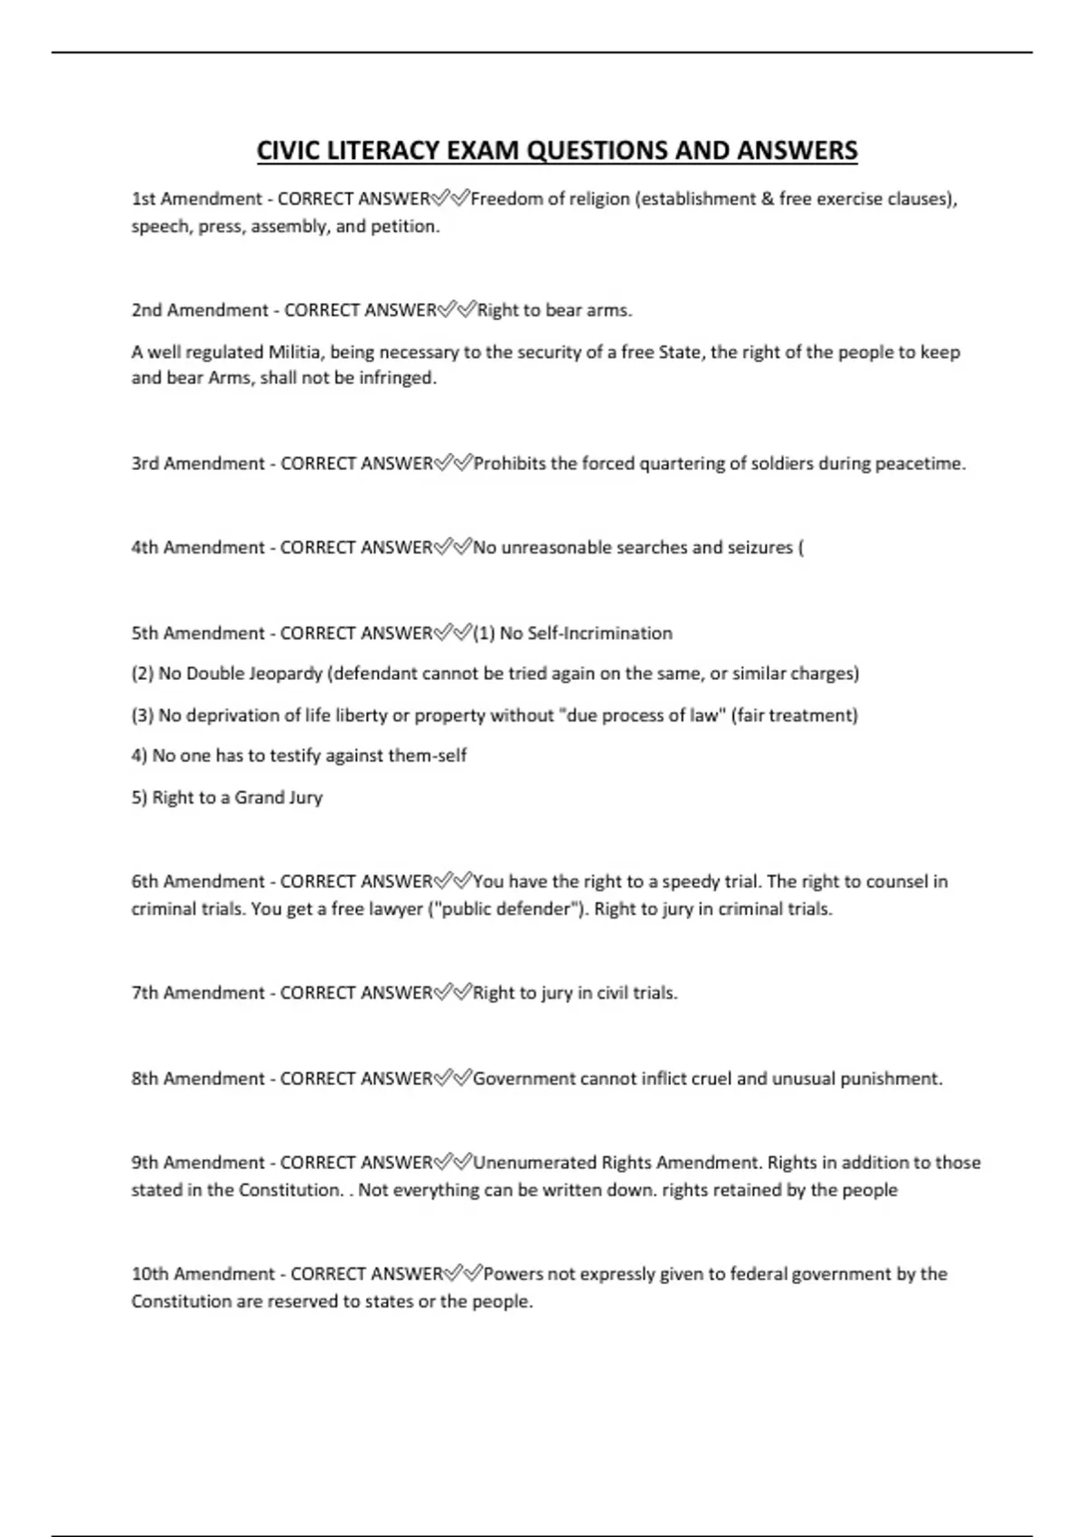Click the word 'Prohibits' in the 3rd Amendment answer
(x=509, y=464)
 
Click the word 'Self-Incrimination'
(x=586, y=633)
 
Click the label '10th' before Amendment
(x=150, y=1274)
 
